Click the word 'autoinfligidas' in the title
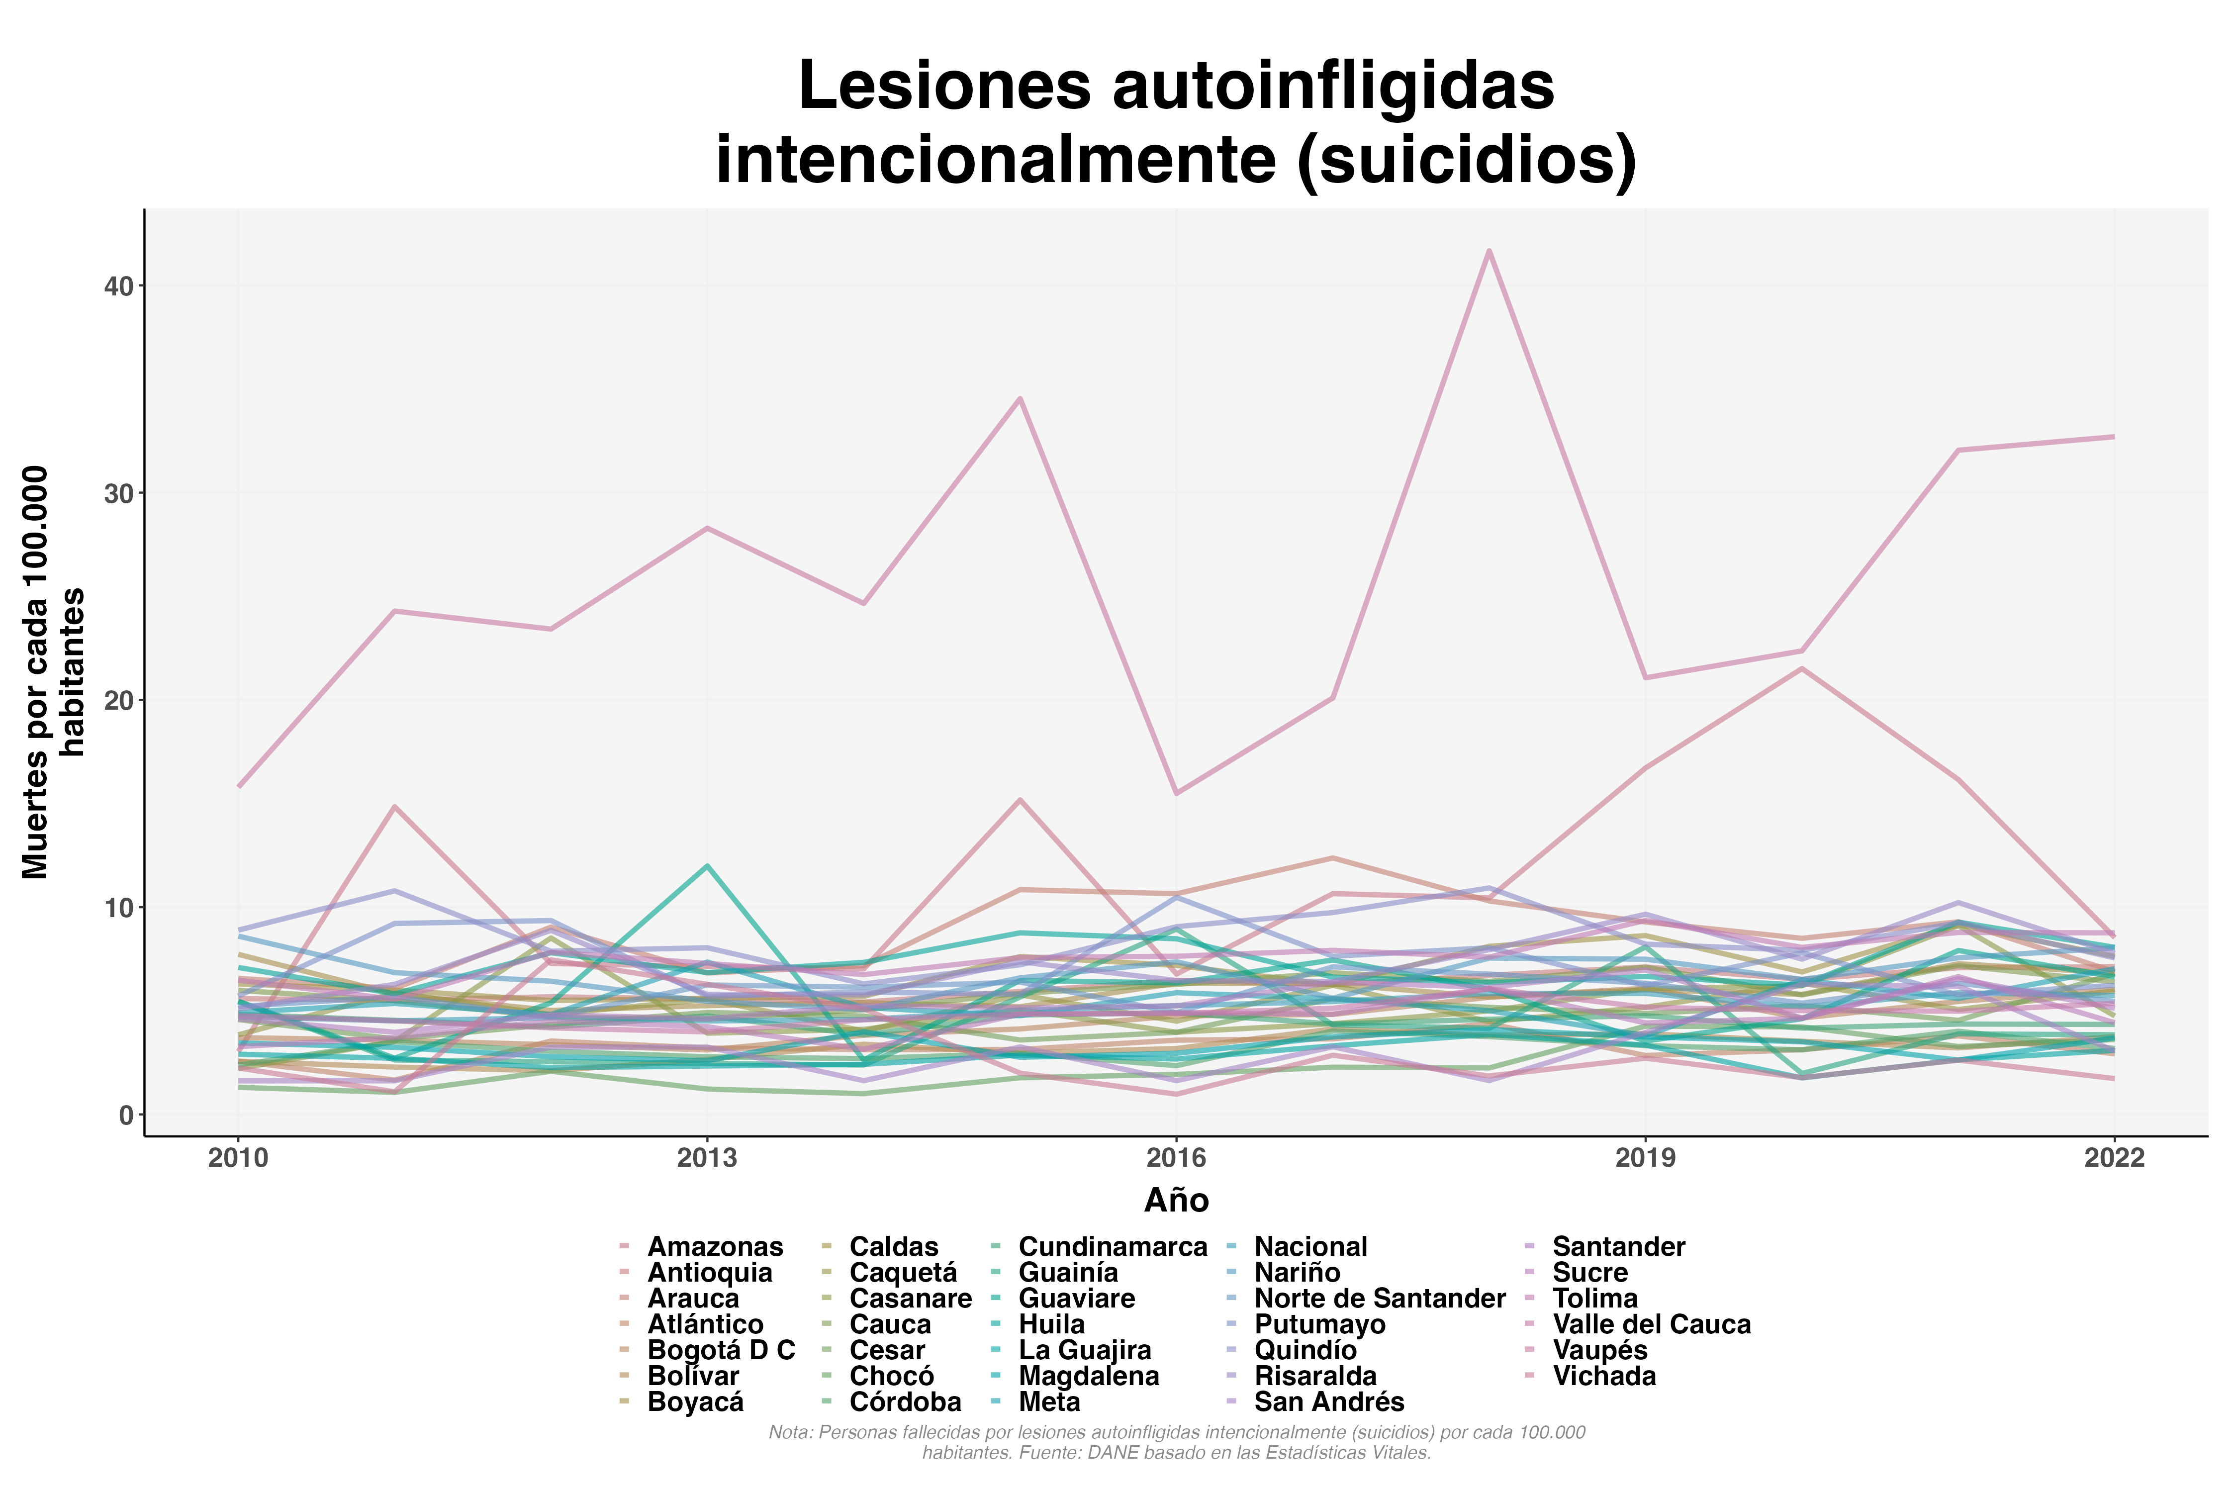tap(1333, 86)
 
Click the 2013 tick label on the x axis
tap(707, 1158)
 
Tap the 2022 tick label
tap(2114, 1158)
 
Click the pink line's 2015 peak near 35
tap(1020, 399)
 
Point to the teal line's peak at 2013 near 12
tap(707, 866)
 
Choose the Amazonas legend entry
tap(714, 1246)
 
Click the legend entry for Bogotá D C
tap(720, 1350)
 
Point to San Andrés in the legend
tap(1328, 1401)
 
